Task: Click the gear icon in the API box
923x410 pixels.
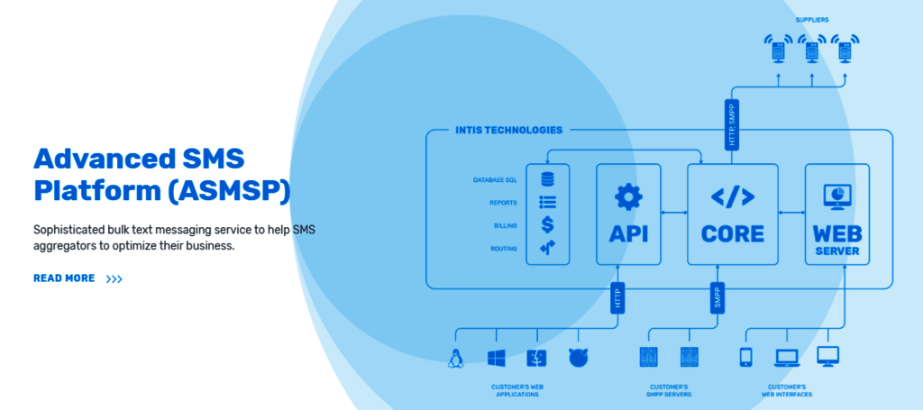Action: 628,197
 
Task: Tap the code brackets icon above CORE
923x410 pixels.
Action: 732,197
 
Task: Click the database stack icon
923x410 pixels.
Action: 547,178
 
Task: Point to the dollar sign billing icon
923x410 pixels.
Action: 547,224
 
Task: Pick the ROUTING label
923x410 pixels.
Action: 504,249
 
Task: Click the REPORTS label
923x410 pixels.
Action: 503,203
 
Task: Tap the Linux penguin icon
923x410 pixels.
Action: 455,358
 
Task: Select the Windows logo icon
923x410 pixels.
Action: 497,358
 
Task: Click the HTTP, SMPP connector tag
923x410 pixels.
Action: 732,123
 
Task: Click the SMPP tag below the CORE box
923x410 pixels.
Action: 717,298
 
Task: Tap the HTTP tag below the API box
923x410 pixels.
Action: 617,298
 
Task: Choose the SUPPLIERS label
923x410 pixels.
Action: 812,20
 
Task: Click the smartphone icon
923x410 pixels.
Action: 745,357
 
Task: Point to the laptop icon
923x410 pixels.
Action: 787,358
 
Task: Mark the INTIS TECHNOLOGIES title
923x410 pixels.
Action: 508,130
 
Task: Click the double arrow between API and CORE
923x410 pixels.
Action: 674,213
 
